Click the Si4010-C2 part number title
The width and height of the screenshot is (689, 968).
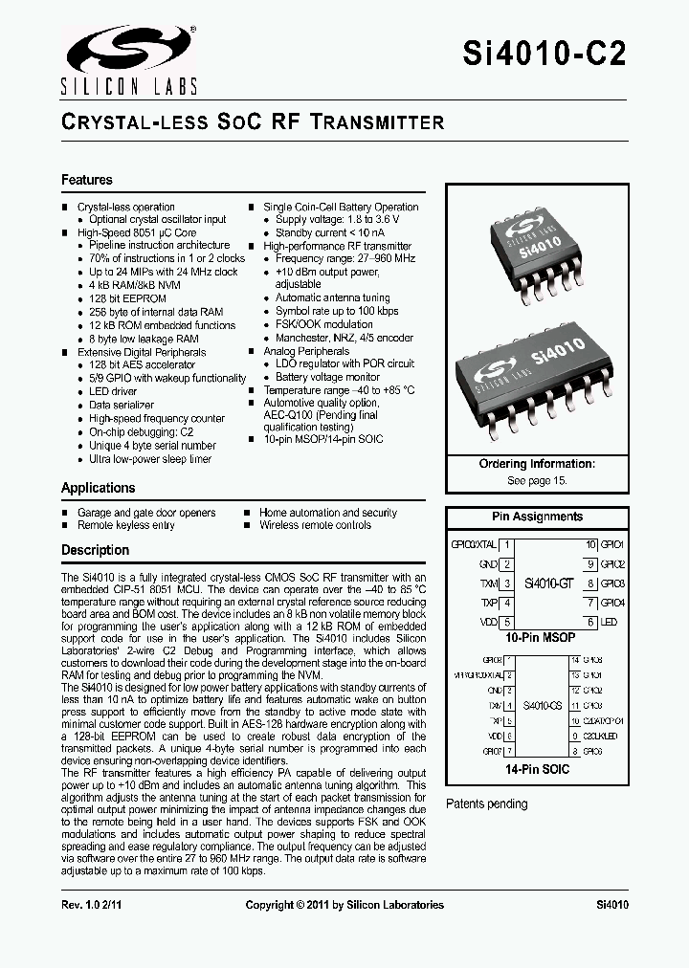pos(545,55)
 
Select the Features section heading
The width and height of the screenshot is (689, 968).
pos(87,180)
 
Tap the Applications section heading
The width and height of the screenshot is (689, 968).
pos(99,488)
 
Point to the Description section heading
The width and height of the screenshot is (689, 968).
pos(96,550)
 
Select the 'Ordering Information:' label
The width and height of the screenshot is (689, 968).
pos(537,464)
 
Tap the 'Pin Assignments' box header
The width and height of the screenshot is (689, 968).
pos(537,517)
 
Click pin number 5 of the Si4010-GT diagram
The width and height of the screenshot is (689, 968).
pos(507,622)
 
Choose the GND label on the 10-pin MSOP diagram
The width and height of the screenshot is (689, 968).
pos(488,564)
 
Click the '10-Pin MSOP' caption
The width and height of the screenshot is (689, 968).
pos(540,637)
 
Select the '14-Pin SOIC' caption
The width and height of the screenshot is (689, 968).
pos(537,769)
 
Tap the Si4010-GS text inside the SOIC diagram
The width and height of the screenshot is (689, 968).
pos(541,705)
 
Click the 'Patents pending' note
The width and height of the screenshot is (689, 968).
pos(487,803)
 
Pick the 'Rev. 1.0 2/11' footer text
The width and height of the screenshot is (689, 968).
pos(96,905)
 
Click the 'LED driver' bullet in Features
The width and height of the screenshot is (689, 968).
pos(113,391)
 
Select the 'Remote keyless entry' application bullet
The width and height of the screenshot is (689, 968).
pos(126,525)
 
